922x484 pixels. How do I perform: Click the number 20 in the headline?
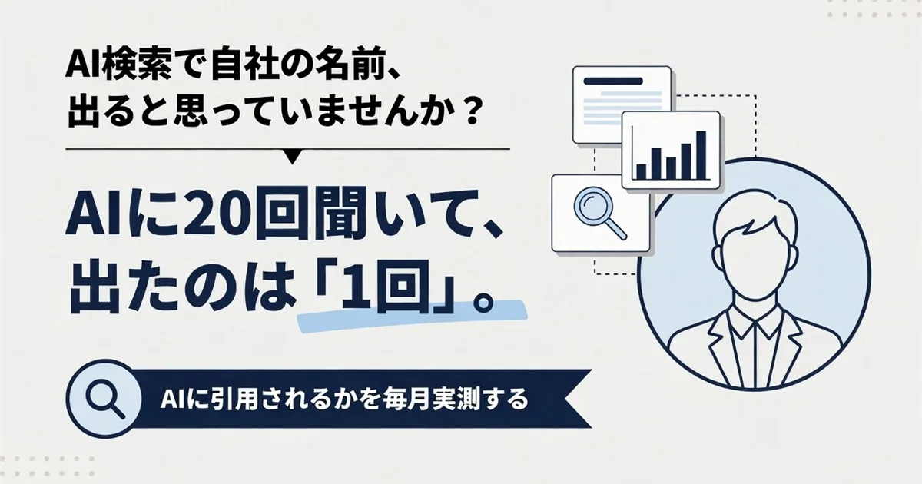tap(217, 214)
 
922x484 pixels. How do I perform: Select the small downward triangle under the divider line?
tap(293, 157)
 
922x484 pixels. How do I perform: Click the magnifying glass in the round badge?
tap(105, 399)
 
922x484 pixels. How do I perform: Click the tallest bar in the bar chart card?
tap(701, 155)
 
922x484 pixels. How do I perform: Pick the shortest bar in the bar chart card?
tap(642, 172)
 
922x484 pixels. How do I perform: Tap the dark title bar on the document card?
tap(613, 81)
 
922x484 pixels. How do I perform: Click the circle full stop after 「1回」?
tap(482, 303)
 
